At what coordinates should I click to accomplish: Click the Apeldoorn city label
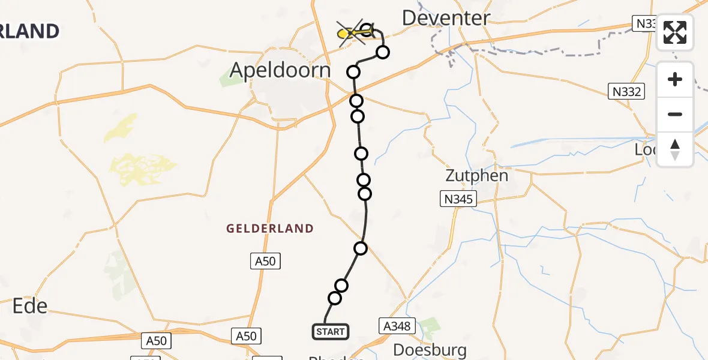[x=280, y=71]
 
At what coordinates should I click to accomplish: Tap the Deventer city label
[x=446, y=18]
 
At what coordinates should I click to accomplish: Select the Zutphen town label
[x=476, y=176]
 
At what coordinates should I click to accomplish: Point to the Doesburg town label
[x=430, y=350]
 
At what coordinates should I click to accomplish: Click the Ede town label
[x=30, y=306]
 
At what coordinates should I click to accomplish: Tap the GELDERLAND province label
[x=270, y=229]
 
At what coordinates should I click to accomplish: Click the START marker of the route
[x=330, y=331]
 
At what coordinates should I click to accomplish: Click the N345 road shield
[x=458, y=199]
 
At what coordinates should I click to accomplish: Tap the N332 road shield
[x=627, y=92]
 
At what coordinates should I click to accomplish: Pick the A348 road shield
[x=397, y=326]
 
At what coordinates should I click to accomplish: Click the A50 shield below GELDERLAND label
[x=265, y=260]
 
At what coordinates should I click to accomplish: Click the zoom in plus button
[x=675, y=80]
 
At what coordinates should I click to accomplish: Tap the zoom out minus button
[x=675, y=114]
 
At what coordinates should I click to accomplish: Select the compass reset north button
[x=675, y=149]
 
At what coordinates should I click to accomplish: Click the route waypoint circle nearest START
[x=335, y=298]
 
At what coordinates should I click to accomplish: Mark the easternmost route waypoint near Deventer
[x=382, y=52]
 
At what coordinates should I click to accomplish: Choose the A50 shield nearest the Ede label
[x=157, y=341]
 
